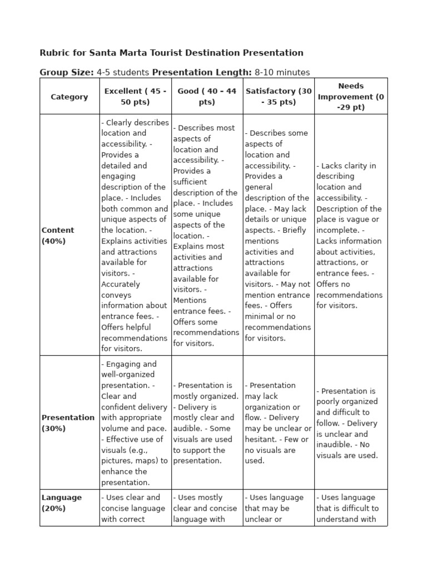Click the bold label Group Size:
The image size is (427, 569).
[x=67, y=72]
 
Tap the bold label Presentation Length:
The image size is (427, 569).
[x=202, y=72]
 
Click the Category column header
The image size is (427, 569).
[x=69, y=97]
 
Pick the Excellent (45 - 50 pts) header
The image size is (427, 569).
[x=135, y=97]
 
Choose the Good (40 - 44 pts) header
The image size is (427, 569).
[x=207, y=97]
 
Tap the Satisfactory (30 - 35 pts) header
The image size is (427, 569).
[x=279, y=97]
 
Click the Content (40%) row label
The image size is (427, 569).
[x=58, y=236]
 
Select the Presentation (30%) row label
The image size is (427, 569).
[x=68, y=423]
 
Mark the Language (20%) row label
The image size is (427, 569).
[x=61, y=503]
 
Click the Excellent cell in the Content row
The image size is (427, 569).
[x=135, y=236]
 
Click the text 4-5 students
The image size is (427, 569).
[x=123, y=72]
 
